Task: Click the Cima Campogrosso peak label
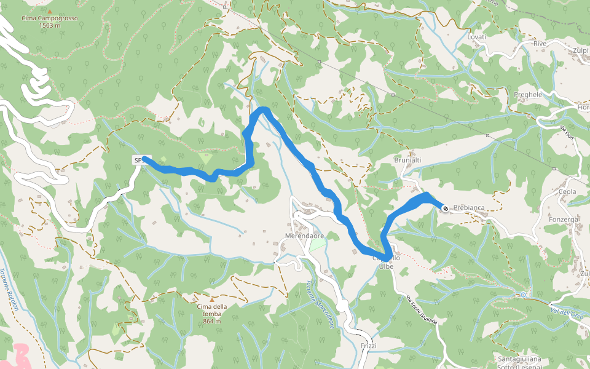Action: tap(49, 22)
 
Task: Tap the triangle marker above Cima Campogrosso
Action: tap(49, 11)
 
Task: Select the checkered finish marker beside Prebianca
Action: tap(445, 208)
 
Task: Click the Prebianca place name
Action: tap(469, 208)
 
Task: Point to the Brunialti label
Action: tap(407, 160)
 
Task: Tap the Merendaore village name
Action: tap(305, 236)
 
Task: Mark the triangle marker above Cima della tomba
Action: tap(212, 300)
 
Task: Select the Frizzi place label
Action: tap(369, 346)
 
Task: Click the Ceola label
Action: tap(567, 192)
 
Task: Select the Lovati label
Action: tap(476, 37)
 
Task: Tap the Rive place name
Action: tap(540, 44)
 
